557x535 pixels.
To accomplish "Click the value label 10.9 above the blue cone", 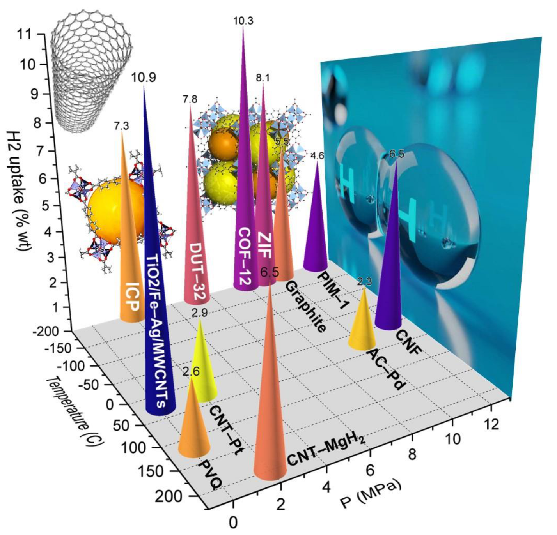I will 143,78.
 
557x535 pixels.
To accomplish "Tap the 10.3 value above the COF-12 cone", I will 243,21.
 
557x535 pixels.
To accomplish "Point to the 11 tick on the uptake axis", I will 25,35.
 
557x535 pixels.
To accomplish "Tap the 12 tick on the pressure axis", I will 492,424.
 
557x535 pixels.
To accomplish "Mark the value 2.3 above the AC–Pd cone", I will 364,281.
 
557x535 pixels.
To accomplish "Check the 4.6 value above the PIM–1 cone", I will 317,156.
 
